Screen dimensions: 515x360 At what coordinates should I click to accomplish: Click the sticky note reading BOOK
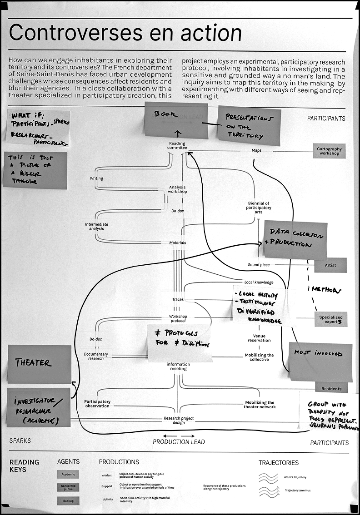coord(176,119)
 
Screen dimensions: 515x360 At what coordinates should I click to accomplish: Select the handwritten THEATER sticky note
coord(40,363)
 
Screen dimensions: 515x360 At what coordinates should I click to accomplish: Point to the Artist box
coord(330,265)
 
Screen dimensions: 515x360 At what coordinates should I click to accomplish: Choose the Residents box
coord(331,389)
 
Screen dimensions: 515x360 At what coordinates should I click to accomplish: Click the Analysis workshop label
coord(178,189)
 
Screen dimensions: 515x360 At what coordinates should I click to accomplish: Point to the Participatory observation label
coord(97,404)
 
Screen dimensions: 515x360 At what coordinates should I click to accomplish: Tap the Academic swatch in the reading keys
coord(68,475)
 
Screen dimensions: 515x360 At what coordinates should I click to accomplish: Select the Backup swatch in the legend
coord(68,501)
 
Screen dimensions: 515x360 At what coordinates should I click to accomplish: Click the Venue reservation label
coord(259,338)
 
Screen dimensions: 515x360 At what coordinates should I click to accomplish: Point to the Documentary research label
coord(96,356)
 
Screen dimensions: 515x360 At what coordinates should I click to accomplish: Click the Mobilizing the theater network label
coord(260,404)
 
